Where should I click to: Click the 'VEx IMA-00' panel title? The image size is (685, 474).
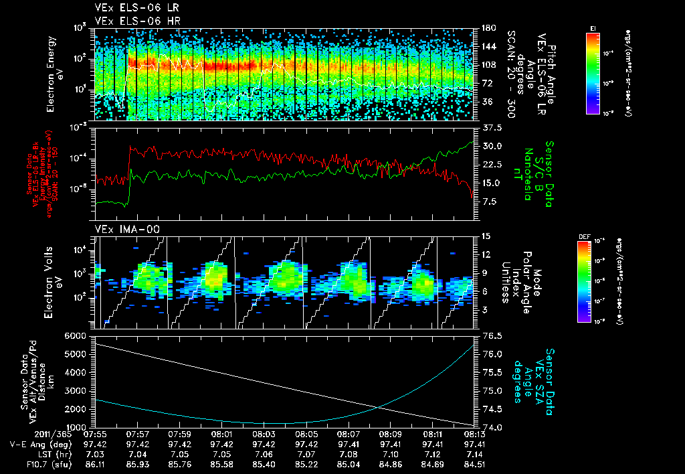tap(121, 230)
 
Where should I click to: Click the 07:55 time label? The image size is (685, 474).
tap(96, 434)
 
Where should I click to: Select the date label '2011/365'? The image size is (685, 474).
tap(27, 434)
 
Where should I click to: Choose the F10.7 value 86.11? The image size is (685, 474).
tap(96, 463)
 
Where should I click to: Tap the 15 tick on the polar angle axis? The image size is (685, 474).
tap(485, 236)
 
